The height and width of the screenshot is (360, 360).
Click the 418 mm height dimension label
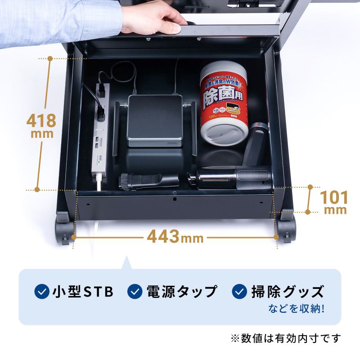pyautogui.click(x=41, y=125)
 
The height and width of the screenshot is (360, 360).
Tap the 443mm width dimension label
pyautogui.click(x=175, y=236)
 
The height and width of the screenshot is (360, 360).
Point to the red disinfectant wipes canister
pyautogui.click(x=224, y=103)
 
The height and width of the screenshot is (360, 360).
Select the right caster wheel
pyautogui.click(x=287, y=230)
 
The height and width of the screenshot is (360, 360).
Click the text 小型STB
pyautogui.click(x=82, y=292)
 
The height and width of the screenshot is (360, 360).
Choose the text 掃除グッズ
pyautogui.click(x=287, y=292)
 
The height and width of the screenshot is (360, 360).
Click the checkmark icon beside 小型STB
pyautogui.click(x=42, y=292)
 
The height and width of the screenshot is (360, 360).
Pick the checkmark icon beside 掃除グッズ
pyautogui.click(x=239, y=292)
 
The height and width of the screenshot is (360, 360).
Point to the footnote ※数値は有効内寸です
pyautogui.click(x=286, y=338)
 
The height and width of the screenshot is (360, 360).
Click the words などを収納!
pyautogui.click(x=297, y=309)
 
